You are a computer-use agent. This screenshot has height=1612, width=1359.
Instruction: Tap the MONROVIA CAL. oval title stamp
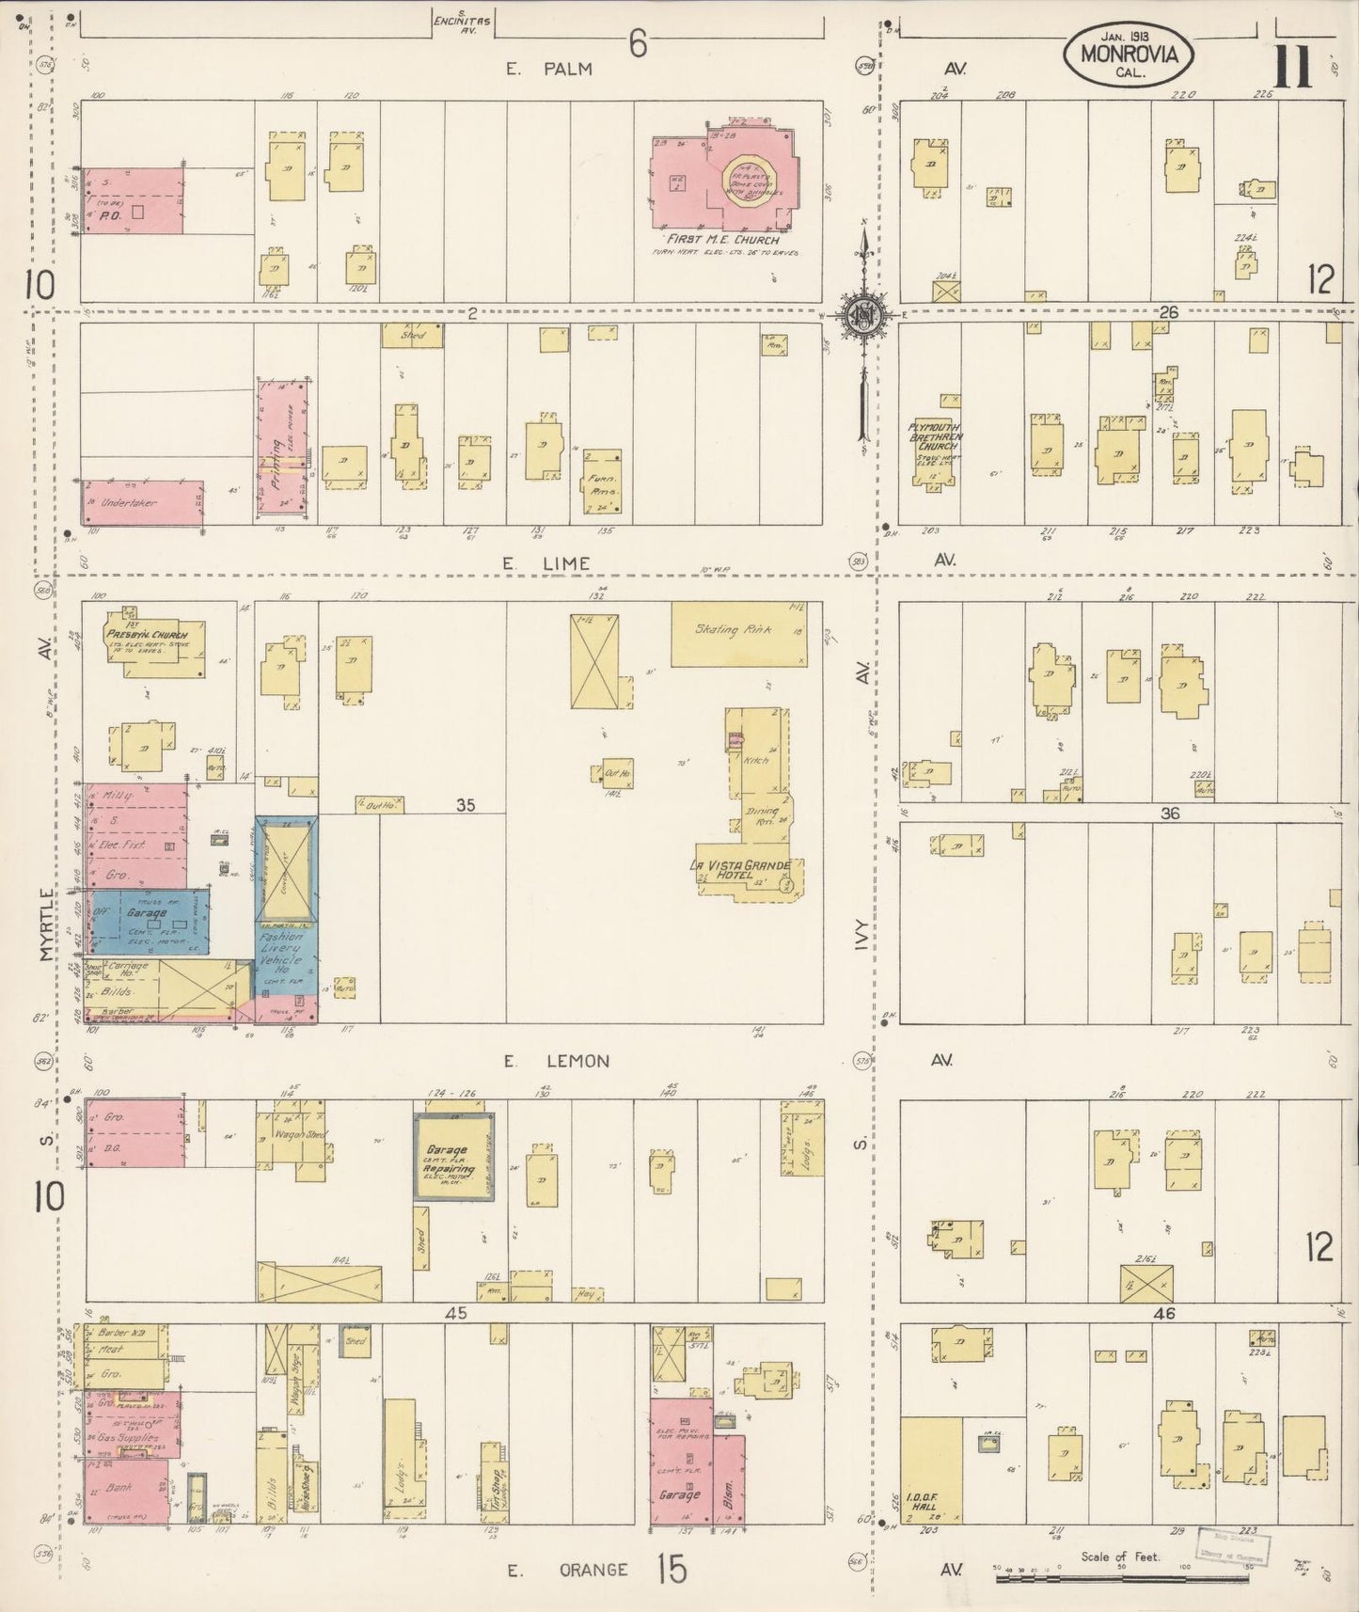pyautogui.click(x=1129, y=58)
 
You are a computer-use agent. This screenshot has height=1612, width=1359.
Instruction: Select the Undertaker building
pyautogui.click(x=142, y=502)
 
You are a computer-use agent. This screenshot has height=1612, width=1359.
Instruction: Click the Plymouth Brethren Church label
pyautogui.click(x=932, y=438)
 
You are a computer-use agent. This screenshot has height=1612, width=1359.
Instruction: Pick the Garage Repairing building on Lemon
pyautogui.click(x=456, y=1158)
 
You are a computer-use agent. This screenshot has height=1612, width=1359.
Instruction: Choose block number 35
pyautogui.click(x=466, y=805)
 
